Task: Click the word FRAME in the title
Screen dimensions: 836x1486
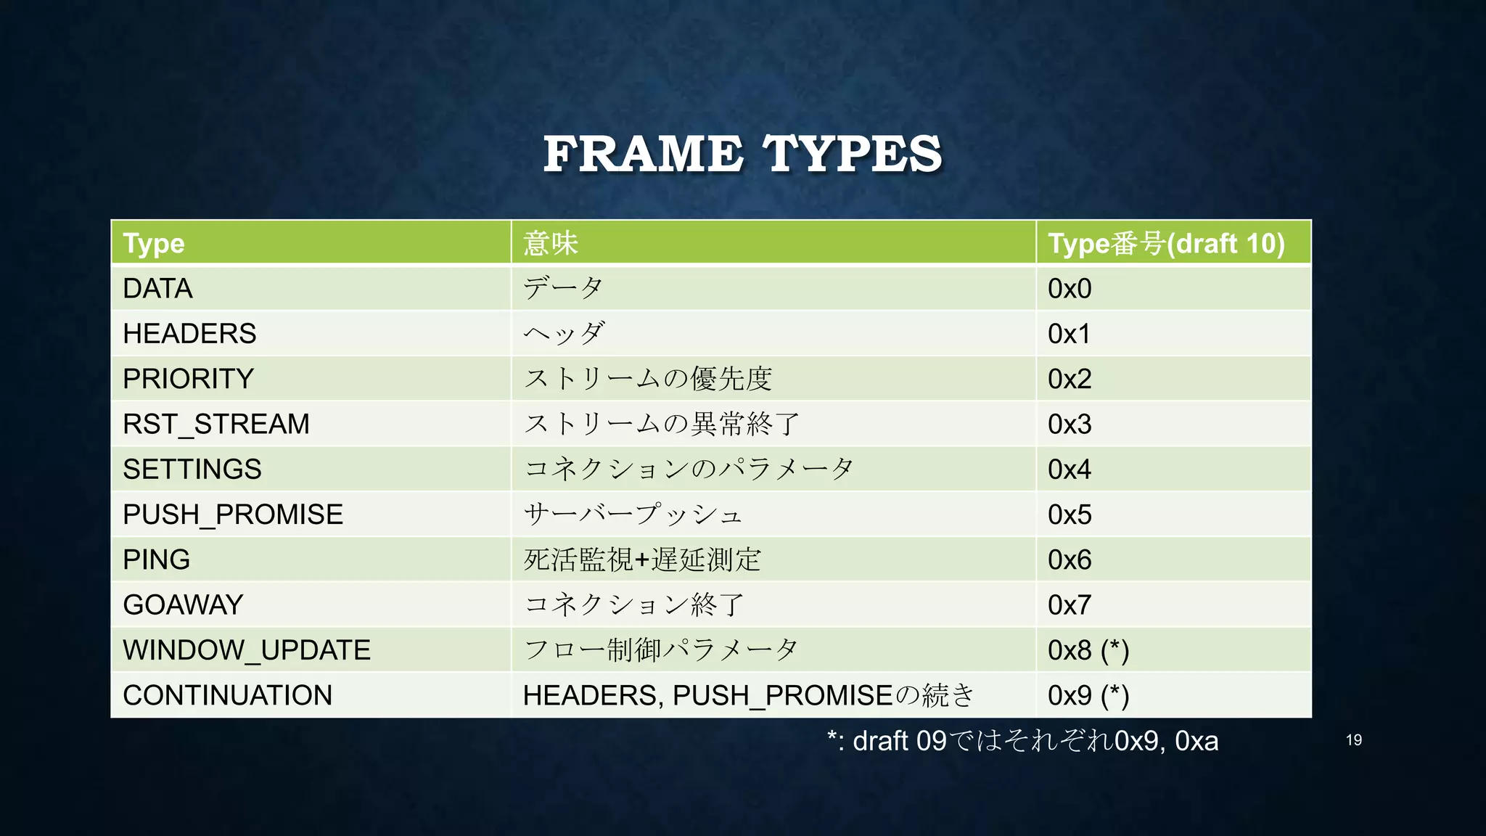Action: pyautogui.click(x=643, y=154)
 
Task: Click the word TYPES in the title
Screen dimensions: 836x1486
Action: pyautogui.click(x=852, y=154)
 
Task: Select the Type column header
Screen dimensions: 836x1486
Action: pyautogui.click(x=154, y=243)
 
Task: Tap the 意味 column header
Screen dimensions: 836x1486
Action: pyautogui.click(x=551, y=243)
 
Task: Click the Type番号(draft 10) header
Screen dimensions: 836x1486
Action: pyautogui.click(x=1166, y=243)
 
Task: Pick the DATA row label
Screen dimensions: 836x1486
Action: pyautogui.click(x=157, y=289)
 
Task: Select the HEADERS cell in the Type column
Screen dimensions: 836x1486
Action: pyautogui.click(x=189, y=334)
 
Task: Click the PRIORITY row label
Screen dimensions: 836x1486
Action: pyautogui.click(x=188, y=379)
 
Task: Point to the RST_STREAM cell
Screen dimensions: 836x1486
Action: pyautogui.click(x=216, y=424)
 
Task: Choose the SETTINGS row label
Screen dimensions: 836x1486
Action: pyautogui.click(x=192, y=470)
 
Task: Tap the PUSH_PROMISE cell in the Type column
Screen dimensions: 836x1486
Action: pyautogui.click(x=233, y=515)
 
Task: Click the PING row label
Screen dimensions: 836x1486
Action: pyautogui.click(x=157, y=560)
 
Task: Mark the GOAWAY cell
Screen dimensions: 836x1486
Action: pyautogui.click(x=183, y=605)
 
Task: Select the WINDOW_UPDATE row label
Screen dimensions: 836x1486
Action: pyautogui.click(x=247, y=650)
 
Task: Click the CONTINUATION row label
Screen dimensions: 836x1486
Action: pyautogui.click(x=227, y=695)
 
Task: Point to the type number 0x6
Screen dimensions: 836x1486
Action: pyautogui.click(x=1070, y=560)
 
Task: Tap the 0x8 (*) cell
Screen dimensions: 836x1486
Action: pyautogui.click(x=1088, y=650)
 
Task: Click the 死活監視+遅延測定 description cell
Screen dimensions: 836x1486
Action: pyautogui.click(x=642, y=560)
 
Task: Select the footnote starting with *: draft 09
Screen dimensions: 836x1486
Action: pyautogui.click(x=1022, y=741)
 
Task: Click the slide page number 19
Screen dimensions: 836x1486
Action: pyautogui.click(x=1354, y=740)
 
